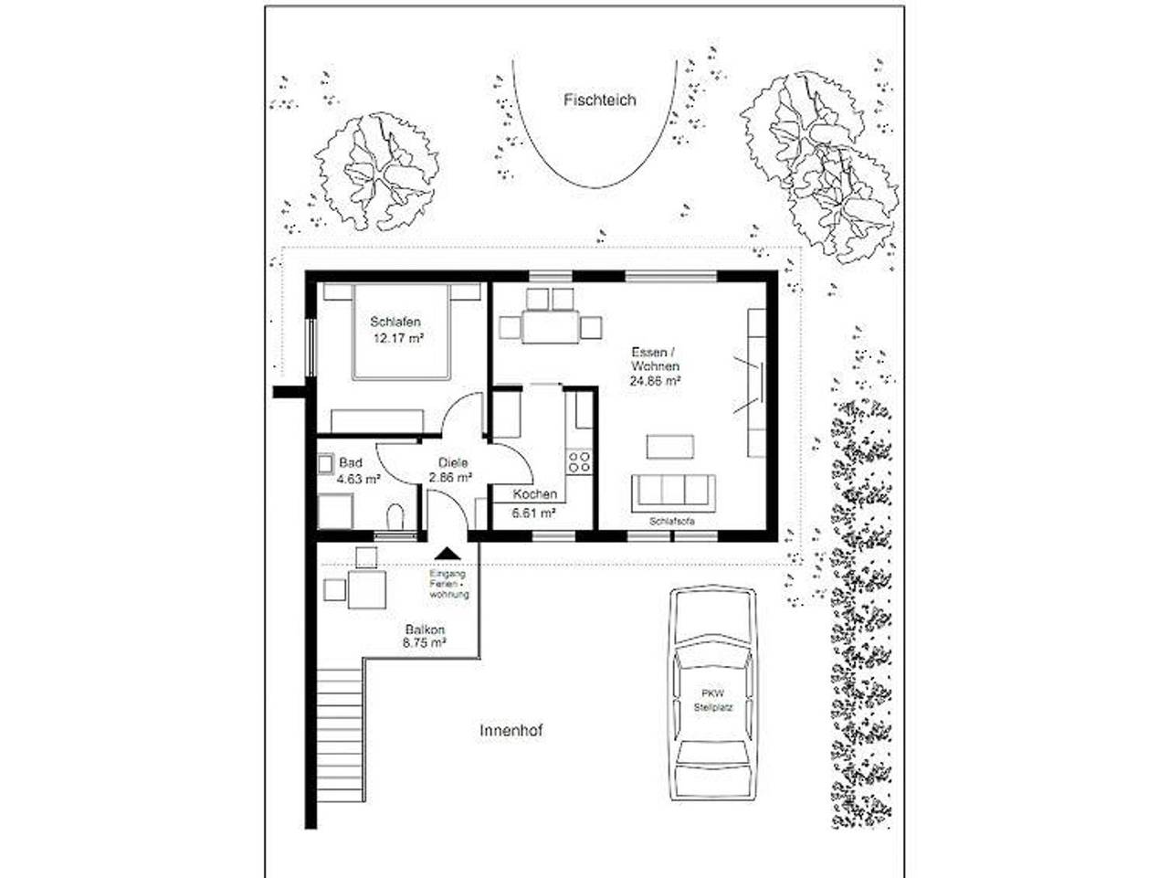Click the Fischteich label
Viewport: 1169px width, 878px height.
(599, 100)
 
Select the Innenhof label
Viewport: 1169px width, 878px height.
(511, 731)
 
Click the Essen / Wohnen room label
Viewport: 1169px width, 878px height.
(654, 358)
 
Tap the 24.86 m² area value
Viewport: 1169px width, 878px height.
(654, 382)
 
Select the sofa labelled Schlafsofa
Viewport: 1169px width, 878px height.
(674, 492)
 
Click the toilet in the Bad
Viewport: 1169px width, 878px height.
(395, 517)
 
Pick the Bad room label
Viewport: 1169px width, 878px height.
(350, 463)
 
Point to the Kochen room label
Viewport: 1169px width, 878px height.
(534, 494)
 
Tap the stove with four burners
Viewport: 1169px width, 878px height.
(578, 460)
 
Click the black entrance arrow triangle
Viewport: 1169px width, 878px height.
(447, 553)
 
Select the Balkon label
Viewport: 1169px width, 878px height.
(425, 629)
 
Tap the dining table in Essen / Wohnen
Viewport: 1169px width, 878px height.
(551, 326)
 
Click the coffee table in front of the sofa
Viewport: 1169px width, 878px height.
(670, 447)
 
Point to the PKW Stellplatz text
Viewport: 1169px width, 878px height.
(712, 700)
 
